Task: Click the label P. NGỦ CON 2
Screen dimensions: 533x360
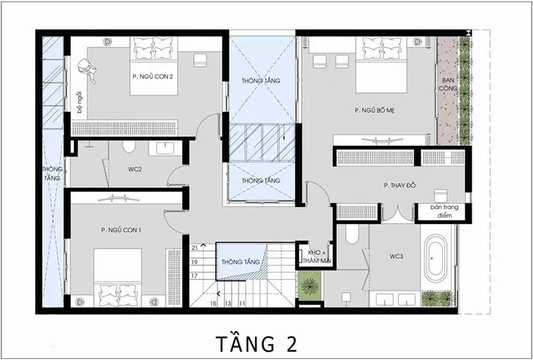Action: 153,77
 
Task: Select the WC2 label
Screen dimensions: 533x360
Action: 135,169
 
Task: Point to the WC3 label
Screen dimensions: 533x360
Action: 396,257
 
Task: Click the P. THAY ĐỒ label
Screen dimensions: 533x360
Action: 400,186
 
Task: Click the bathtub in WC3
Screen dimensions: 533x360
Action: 436,258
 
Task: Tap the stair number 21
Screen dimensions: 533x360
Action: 195,248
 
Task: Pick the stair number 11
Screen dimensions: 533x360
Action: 242,303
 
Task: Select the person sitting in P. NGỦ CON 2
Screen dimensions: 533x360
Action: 87,71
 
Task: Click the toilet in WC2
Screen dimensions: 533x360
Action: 129,147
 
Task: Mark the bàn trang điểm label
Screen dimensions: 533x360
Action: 444,211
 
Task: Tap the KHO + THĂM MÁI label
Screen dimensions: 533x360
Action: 319,257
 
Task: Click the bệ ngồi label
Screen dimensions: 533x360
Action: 79,102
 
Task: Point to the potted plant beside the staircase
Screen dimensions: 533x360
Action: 310,286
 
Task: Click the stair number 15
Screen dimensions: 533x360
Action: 213,303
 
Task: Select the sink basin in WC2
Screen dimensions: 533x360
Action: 165,148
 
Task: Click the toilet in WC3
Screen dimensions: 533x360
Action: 352,233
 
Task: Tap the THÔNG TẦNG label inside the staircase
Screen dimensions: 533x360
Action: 241,262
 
